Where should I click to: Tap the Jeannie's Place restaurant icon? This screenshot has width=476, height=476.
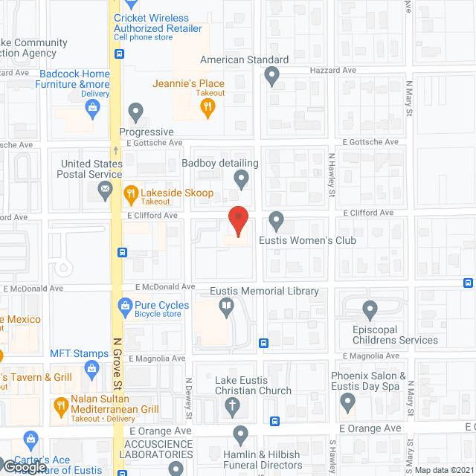coord(208,108)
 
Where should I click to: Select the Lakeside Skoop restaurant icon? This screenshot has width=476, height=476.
coord(131,194)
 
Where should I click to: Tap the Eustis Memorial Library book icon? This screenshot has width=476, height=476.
coord(225,306)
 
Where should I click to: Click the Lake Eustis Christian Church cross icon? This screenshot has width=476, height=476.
coord(232,406)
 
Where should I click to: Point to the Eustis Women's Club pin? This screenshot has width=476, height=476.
coord(277,220)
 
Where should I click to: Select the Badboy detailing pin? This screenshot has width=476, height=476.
coord(241,178)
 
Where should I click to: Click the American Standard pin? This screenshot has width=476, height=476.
coord(272,75)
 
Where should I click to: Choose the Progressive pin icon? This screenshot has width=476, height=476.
coord(135,113)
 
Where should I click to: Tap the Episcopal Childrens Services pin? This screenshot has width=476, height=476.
coord(370,309)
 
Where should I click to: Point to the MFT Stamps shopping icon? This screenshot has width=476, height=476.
coord(92,367)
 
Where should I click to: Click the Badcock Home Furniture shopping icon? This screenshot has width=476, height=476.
coord(92,110)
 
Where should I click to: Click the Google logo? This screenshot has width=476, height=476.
coord(25,467)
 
